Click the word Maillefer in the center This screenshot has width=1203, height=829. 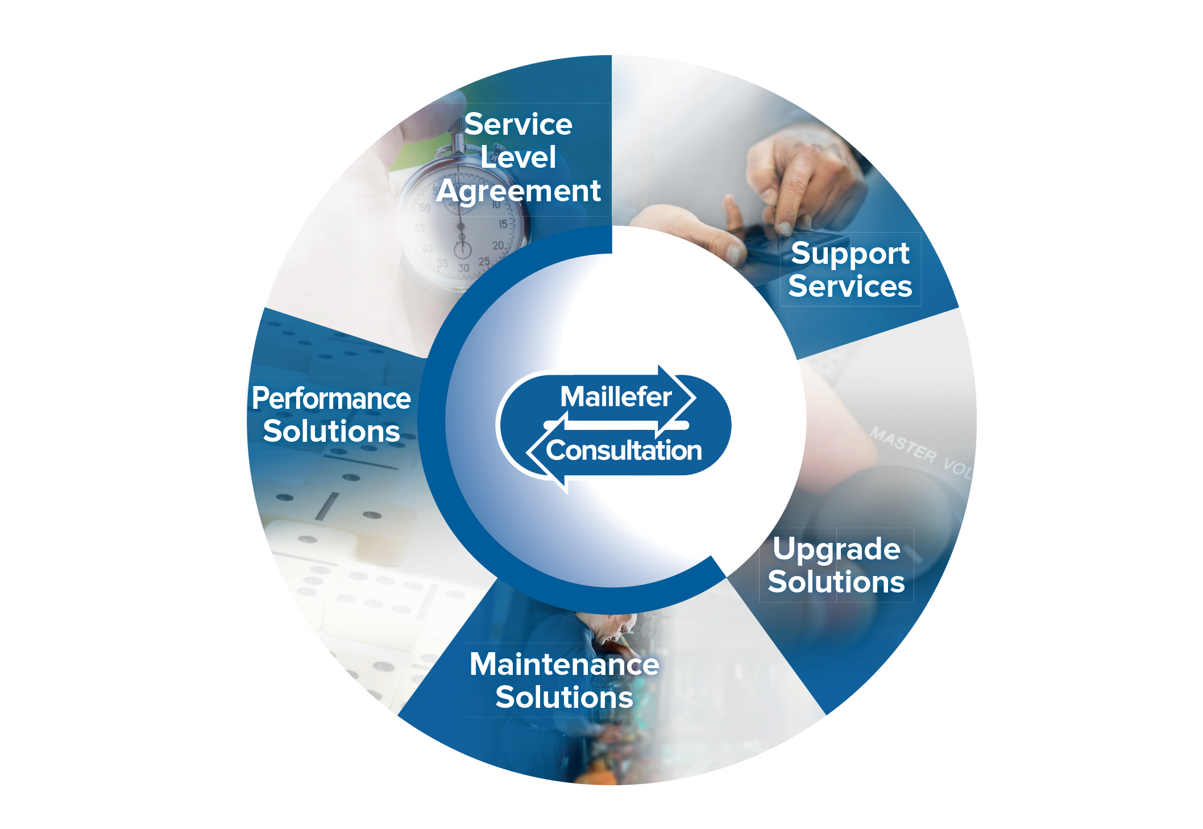(x=616, y=397)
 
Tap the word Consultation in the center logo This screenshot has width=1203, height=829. (x=624, y=450)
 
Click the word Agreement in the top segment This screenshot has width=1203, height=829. (x=518, y=191)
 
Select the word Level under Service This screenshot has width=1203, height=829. (x=518, y=157)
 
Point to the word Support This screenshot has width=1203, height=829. (x=850, y=254)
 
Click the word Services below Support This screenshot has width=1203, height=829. (x=850, y=286)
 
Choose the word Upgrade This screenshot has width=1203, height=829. (x=836, y=550)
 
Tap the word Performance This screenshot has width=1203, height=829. (x=331, y=398)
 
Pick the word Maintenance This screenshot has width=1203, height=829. (x=564, y=664)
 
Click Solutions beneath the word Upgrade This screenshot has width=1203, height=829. (x=836, y=582)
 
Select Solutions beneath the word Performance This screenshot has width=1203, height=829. (x=331, y=431)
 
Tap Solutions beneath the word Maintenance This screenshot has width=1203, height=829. (x=564, y=698)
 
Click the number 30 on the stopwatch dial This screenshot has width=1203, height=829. (x=464, y=268)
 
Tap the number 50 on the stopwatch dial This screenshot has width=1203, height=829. (x=424, y=208)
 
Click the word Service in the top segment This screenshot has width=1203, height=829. (x=518, y=125)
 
